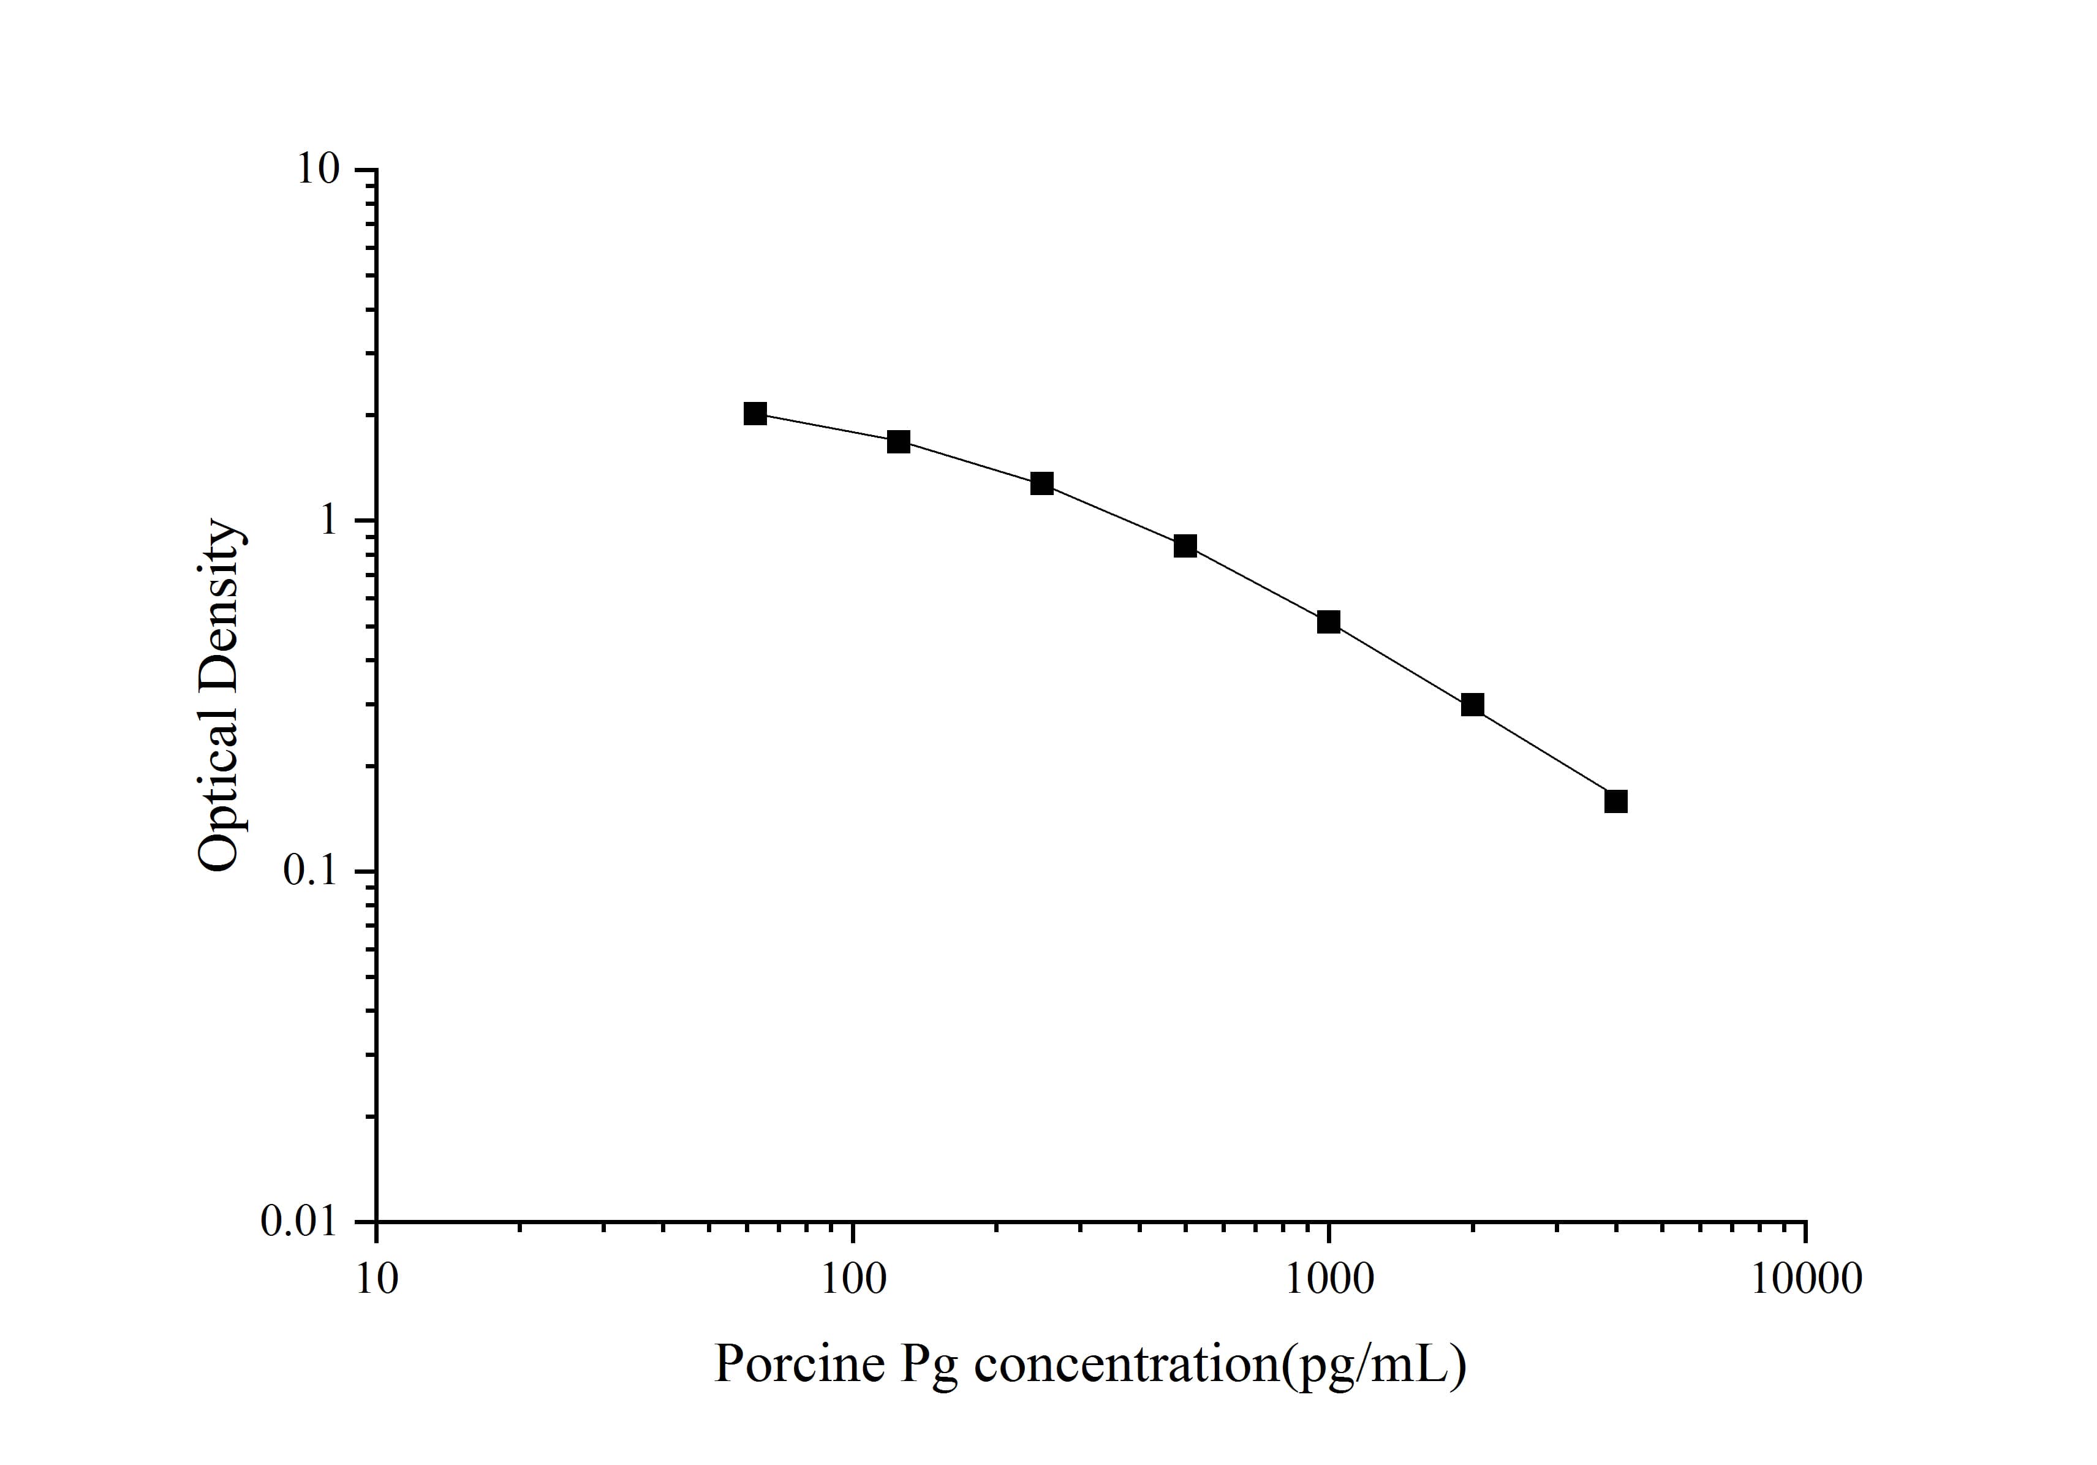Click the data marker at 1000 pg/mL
click(1328, 622)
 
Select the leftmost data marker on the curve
click(755, 414)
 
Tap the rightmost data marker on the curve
click(1615, 801)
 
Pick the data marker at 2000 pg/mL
click(1472, 704)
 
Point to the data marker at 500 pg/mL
click(1185, 546)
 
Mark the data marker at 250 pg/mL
click(1042, 483)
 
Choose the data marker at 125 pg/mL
click(899, 442)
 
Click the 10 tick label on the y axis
click(317, 170)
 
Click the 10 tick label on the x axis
click(376, 1279)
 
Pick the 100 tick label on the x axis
click(853, 1279)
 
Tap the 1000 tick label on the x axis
click(1329, 1279)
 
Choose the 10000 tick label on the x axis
click(1805, 1279)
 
